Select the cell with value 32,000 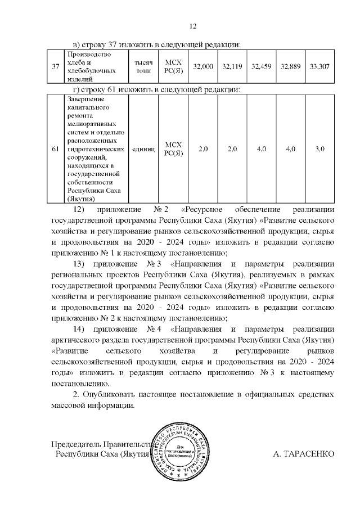click(x=203, y=66)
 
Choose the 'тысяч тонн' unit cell click(x=143, y=66)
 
